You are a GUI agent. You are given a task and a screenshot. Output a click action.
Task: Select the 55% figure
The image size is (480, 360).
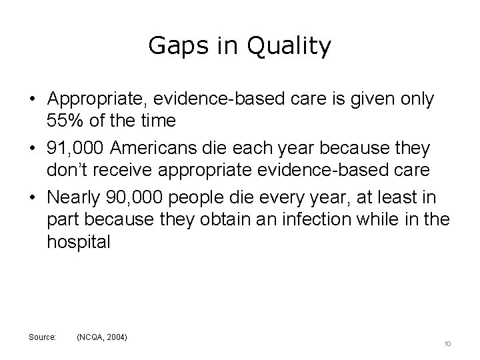tap(64, 120)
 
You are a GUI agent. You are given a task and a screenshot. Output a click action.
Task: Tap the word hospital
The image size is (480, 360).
tap(78, 242)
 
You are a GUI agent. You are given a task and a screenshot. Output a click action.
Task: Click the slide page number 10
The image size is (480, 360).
tap(447, 343)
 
